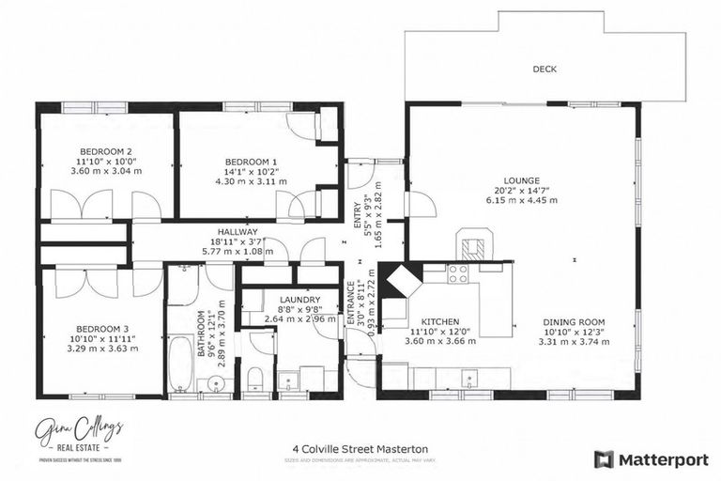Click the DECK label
tap(545, 69)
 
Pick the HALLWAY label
tap(237, 231)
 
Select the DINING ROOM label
tap(573, 322)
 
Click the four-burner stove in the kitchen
tap(457, 273)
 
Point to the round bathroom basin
tap(216, 383)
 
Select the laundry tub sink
tap(290, 380)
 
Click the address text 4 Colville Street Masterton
tap(360, 450)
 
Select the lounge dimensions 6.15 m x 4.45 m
tap(521, 199)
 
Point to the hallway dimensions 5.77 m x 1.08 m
tap(237, 252)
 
